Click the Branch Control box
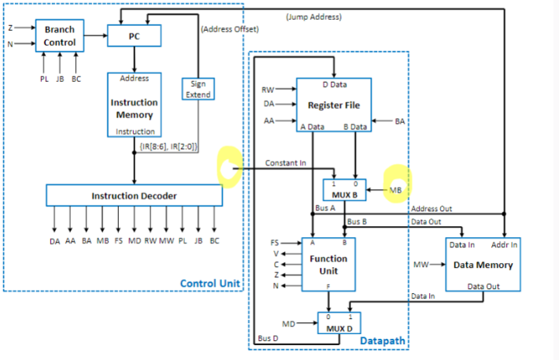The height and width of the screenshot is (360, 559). (60, 36)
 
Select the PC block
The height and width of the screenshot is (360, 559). (134, 35)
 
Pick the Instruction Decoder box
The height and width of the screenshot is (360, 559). (134, 195)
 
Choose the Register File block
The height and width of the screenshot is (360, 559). (334, 104)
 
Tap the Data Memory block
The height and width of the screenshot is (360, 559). (483, 265)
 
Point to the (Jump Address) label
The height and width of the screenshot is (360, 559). (313, 17)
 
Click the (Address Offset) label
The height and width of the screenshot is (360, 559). (230, 29)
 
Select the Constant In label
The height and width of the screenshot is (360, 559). (285, 163)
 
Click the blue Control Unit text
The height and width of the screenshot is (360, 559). (210, 284)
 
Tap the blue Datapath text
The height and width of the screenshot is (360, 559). (383, 340)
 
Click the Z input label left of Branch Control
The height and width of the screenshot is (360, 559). (10, 28)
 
